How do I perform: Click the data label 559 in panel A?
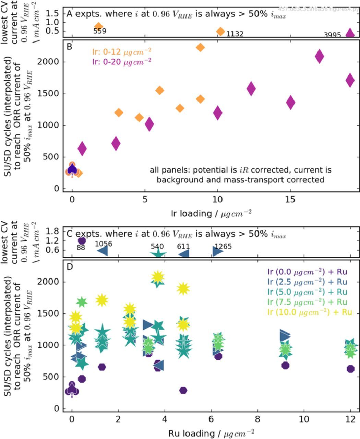click(100, 31)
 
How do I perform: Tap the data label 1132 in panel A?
click(235, 34)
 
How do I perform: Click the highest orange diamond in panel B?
click(200, 47)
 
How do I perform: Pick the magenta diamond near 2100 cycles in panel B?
click(319, 57)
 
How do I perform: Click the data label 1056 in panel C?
click(104, 244)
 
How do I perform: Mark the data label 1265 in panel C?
click(223, 247)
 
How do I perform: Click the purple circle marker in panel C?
click(82, 241)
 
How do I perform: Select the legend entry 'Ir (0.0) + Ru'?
click(307, 272)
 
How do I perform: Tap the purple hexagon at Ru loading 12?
click(350, 369)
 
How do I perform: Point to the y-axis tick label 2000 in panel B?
click(52, 62)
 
